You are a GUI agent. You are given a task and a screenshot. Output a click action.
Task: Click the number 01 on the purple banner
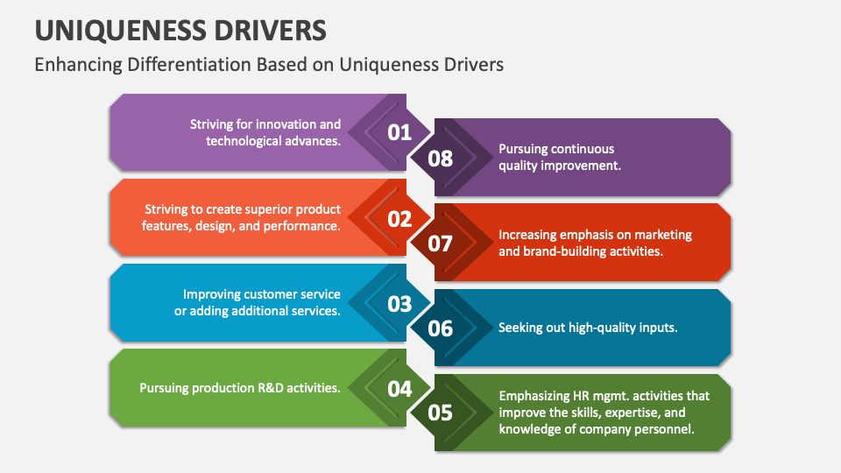click(x=399, y=132)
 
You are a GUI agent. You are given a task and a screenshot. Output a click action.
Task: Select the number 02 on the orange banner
click(x=399, y=218)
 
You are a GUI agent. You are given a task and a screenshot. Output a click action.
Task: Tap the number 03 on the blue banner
click(x=399, y=304)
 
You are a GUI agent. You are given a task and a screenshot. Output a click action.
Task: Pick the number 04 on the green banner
click(x=399, y=389)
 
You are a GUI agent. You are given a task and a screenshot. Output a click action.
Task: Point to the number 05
click(x=441, y=413)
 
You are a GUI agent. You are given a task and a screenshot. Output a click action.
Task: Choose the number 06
click(x=441, y=328)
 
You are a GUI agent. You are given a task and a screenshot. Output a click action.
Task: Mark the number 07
click(x=441, y=243)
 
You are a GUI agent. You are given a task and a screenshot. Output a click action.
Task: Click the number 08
click(x=441, y=158)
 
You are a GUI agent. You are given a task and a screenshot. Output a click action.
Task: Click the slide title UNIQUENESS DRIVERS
click(x=180, y=31)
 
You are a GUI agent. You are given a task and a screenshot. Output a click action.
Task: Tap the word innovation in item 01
click(x=282, y=124)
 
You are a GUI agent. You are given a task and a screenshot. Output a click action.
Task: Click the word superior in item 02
click(x=265, y=210)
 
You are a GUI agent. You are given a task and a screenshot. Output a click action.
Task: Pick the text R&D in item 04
click(x=263, y=388)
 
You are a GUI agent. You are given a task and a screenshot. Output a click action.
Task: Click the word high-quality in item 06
click(x=597, y=328)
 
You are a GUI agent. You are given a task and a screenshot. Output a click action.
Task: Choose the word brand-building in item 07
click(x=564, y=251)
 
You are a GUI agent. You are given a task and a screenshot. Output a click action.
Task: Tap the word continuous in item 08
click(x=583, y=149)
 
